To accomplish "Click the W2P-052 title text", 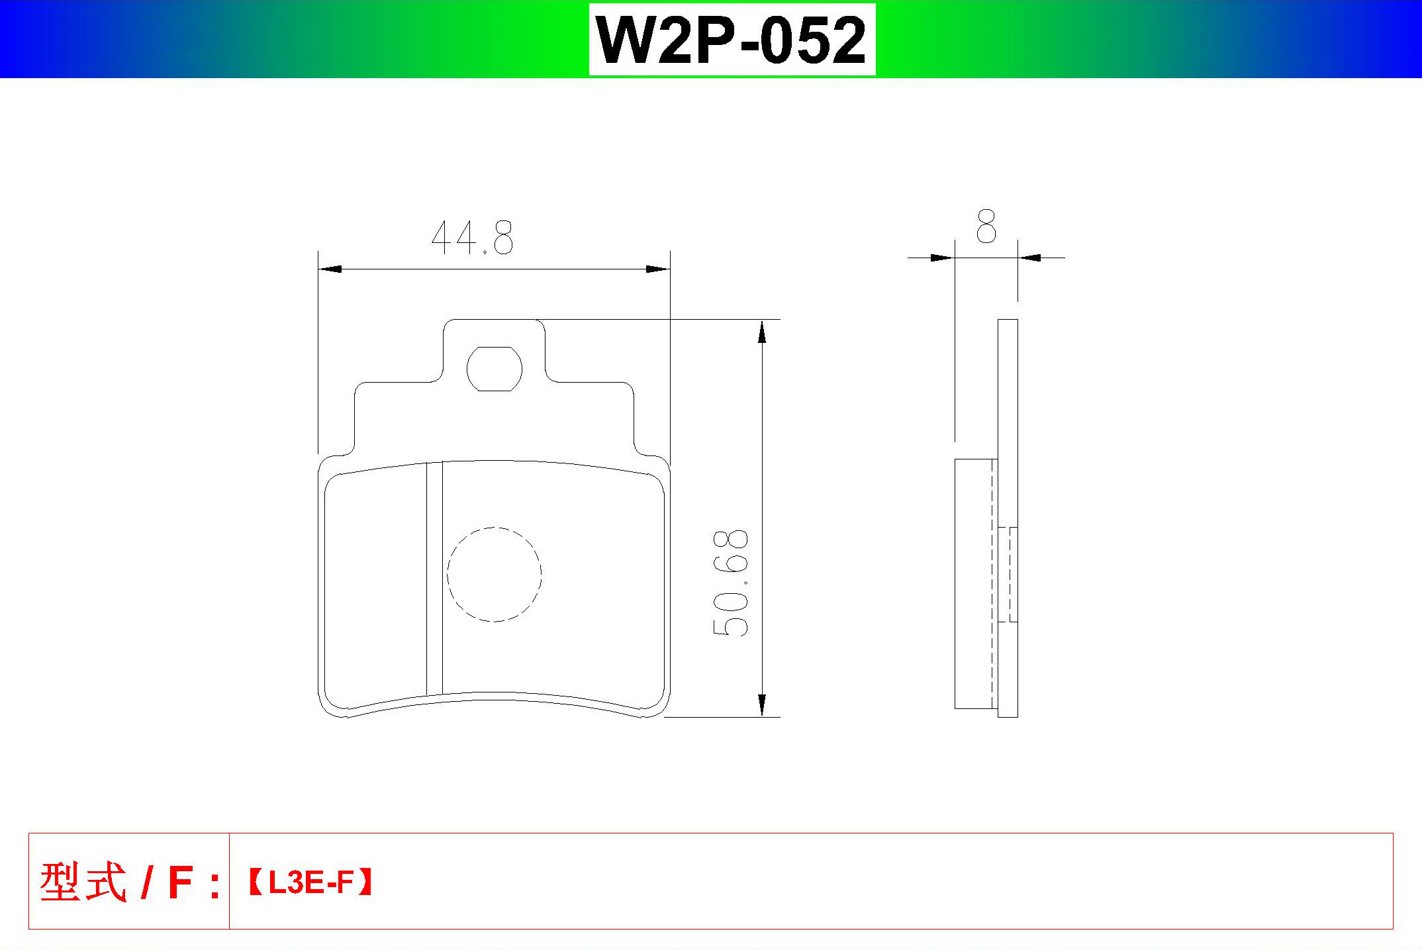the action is pos(732,40).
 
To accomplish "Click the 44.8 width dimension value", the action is pos(472,238).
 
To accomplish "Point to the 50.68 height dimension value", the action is pos(730,583).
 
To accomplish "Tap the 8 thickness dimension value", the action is pos(986,226).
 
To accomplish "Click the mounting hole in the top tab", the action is pos(495,369).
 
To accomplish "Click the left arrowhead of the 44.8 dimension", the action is pos(330,269).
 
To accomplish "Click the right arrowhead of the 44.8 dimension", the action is pos(658,269).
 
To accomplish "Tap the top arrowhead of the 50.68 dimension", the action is pos(762,332).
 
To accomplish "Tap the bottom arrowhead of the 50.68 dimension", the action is pos(762,705).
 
